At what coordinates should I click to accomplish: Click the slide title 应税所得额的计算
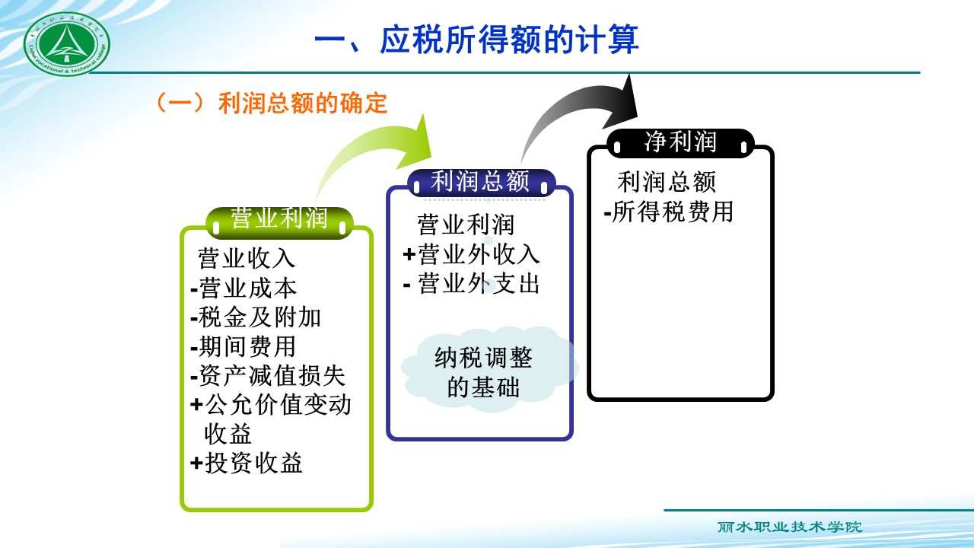[476, 40]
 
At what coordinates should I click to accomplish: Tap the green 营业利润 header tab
[279, 219]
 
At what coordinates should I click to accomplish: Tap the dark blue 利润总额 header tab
[480, 182]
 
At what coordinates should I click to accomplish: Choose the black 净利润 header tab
[680, 142]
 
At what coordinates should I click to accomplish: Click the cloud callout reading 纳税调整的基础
[483, 372]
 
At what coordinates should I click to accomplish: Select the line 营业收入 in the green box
[247, 259]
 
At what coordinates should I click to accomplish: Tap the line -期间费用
[243, 347]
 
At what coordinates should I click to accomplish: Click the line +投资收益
[247, 463]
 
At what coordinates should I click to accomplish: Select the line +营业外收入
[471, 254]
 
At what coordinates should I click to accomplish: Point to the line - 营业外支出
[471, 284]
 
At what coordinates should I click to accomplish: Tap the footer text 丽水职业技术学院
[790, 527]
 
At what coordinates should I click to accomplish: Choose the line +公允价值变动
[271, 405]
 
